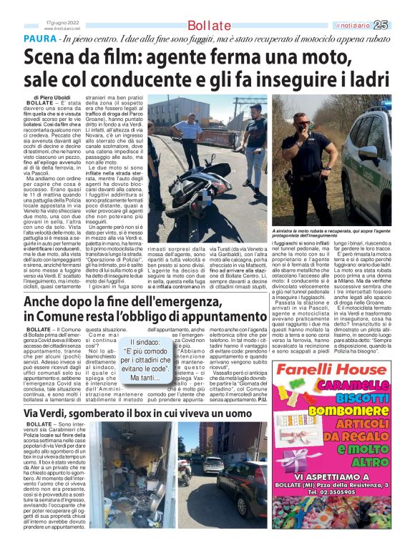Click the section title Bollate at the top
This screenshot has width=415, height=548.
pos(209,26)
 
